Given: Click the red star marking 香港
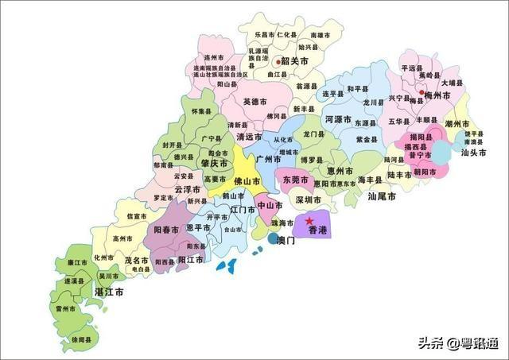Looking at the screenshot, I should pyautogui.click(x=309, y=219).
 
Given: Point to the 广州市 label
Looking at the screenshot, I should pyautogui.click(x=268, y=159).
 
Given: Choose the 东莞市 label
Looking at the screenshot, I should pyautogui.click(x=297, y=180).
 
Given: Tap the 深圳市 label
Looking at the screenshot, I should pyautogui.click(x=308, y=199).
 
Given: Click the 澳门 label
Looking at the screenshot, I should pyautogui.click(x=284, y=239).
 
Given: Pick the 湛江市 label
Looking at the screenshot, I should pyautogui.click(x=108, y=292).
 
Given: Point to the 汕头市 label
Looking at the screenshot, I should pyautogui.click(x=475, y=153).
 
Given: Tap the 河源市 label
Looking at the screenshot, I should pyautogui.click(x=339, y=120).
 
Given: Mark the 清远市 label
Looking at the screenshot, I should pyautogui.click(x=250, y=137).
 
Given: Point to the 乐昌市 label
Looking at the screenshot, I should pyautogui.click(x=265, y=35).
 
